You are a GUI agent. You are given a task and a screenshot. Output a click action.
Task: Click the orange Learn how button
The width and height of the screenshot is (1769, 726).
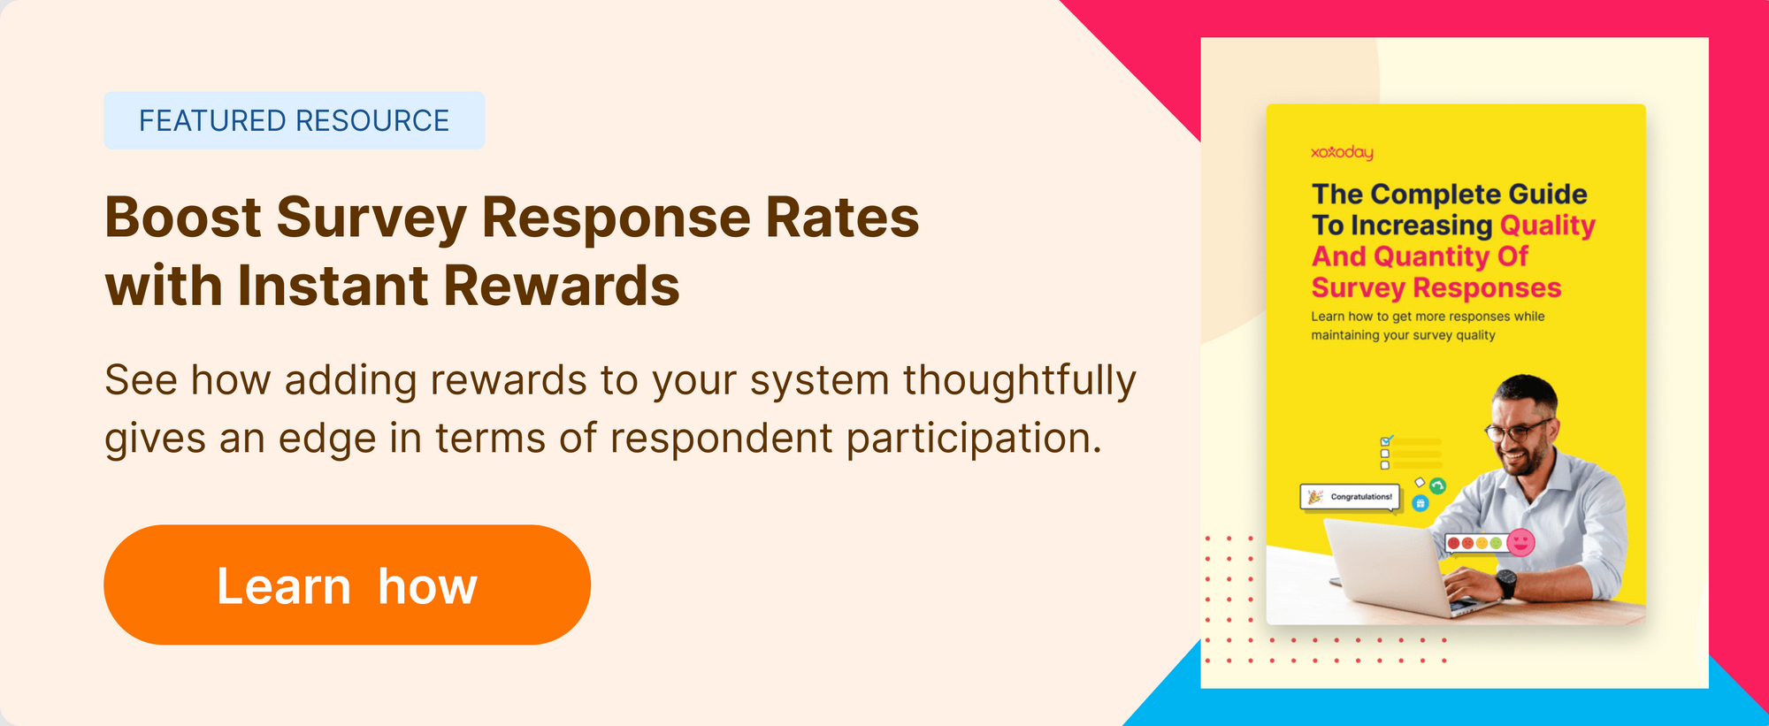pyautogui.click(x=347, y=585)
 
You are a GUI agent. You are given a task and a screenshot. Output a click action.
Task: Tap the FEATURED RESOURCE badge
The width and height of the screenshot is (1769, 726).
pyautogui.click(x=295, y=120)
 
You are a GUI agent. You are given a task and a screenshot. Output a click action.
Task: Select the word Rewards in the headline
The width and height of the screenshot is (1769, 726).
pyautogui.click(x=562, y=286)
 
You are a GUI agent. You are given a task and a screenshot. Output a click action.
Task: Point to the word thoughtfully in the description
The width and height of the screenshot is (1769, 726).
pyautogui.click(x=1019, y=382)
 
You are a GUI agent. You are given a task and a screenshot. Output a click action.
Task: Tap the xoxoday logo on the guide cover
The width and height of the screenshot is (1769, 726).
pyautogui.click(x=1342, y=152)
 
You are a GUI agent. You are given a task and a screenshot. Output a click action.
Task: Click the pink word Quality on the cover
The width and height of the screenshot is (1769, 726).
pyautogui.click(x=1548, y=225)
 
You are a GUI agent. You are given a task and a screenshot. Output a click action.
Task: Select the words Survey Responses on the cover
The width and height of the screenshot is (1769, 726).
pyautogui.click(x=1436, y=287)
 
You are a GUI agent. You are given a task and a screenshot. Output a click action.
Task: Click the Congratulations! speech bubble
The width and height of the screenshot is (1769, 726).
pyautogui.click(x=1351, y=497)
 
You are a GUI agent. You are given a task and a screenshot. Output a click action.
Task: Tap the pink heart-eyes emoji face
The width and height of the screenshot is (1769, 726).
pyautogui.click(x=1520, y=542)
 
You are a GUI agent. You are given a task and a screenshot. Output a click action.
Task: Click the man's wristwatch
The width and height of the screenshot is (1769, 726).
pyautogui.click(x=1505, y=583)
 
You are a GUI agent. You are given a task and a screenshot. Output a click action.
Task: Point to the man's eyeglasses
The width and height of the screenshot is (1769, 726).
pyautogui.click(x=1518, y=431)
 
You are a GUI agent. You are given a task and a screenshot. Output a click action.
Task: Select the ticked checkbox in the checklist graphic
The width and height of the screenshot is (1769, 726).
pyautogui.click(x=1386, y=440)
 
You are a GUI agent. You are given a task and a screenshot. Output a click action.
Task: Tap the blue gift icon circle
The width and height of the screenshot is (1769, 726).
pyautogui.click(x=1421, y=503)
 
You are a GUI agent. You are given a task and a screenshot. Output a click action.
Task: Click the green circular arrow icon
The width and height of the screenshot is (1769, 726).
pyautogui.click(x=1437, y=485)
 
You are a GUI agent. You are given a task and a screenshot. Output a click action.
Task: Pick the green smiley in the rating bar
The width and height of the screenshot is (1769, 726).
pyautogui.click(x=1496, y=543)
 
